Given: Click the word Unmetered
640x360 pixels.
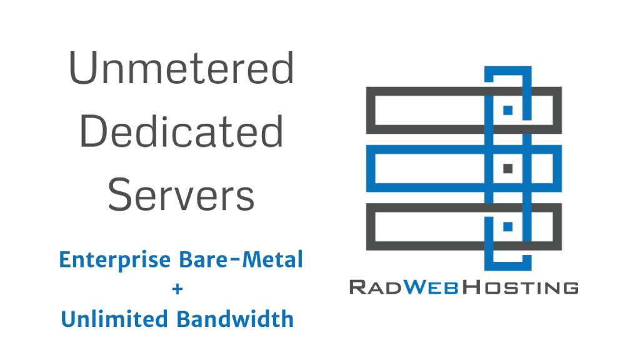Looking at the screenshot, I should pos(181,70).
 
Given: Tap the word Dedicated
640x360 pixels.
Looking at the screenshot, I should pos(182,132).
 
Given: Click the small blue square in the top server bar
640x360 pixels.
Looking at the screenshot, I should pos(508,110).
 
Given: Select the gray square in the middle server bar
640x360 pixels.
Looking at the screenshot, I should pos(508,168).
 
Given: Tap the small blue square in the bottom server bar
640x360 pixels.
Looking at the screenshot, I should pos(508,226).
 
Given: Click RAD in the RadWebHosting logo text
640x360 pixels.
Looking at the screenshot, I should pos(376,287).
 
